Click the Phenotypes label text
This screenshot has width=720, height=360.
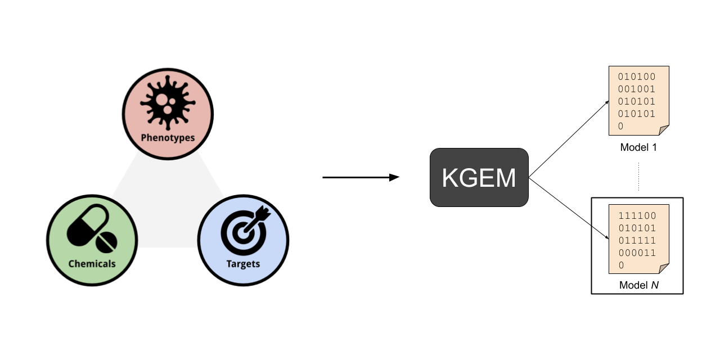click(168, 137)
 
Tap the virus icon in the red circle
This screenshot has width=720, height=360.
click(168, 105)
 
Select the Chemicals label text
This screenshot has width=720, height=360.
click(92, 263)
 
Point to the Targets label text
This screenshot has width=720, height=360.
click(243, 263)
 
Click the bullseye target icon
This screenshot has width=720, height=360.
click(243, 231)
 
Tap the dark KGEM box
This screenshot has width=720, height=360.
click(479, 177)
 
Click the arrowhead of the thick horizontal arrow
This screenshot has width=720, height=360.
click(394, 178)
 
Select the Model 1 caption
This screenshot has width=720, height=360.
click(638, 148)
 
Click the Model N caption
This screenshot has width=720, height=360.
click(638, 285)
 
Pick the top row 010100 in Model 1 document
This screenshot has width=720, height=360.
click(637, 76)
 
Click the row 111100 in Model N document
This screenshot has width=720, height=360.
click(637, 215)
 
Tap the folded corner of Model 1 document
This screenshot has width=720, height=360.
click(664, 130)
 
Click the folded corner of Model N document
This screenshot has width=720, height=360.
click(664, 269)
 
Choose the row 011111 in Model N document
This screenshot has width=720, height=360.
click(637, 240)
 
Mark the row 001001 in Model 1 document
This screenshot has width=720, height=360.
click(637, 89)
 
